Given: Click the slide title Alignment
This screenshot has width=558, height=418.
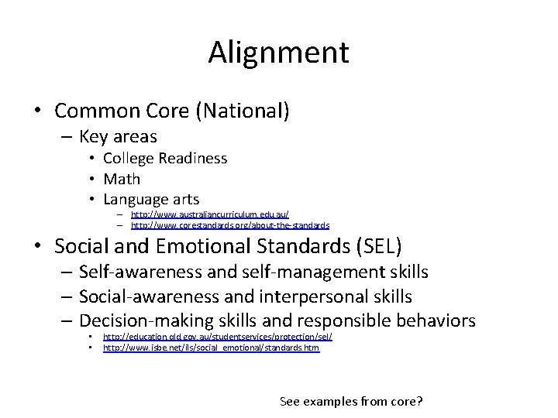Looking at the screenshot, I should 278,53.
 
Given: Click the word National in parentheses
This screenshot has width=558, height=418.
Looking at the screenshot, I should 243,111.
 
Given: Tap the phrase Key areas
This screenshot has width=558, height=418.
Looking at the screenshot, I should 118,137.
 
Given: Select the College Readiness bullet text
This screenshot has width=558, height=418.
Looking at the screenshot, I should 165,158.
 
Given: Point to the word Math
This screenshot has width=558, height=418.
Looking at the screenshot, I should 122,179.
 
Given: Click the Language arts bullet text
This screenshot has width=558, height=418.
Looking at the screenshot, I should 151,199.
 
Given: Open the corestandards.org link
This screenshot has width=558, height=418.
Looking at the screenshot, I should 230,225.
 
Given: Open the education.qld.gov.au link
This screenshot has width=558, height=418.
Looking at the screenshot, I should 217,337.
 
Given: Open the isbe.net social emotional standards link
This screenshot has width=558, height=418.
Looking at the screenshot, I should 211,348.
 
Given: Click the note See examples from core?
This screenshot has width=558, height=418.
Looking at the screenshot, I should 351,401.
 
